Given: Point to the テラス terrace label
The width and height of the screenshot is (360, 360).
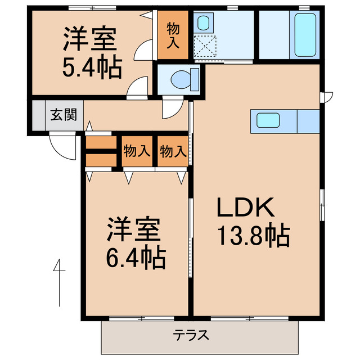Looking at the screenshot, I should (191, 336).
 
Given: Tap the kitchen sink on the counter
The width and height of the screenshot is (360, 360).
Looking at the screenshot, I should (268, 120).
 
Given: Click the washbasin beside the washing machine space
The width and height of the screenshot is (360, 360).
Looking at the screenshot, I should (204, 23).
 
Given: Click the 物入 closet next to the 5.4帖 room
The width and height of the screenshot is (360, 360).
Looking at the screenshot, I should (173, 35).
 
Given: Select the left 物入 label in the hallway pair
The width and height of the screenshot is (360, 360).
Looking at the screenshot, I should (137, 151).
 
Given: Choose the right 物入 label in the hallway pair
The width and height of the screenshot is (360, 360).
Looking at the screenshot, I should (173, 151).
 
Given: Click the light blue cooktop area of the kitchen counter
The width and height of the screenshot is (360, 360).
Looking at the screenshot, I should (308, 120).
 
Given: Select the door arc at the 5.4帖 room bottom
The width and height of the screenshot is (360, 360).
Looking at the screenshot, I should (137, 89).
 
